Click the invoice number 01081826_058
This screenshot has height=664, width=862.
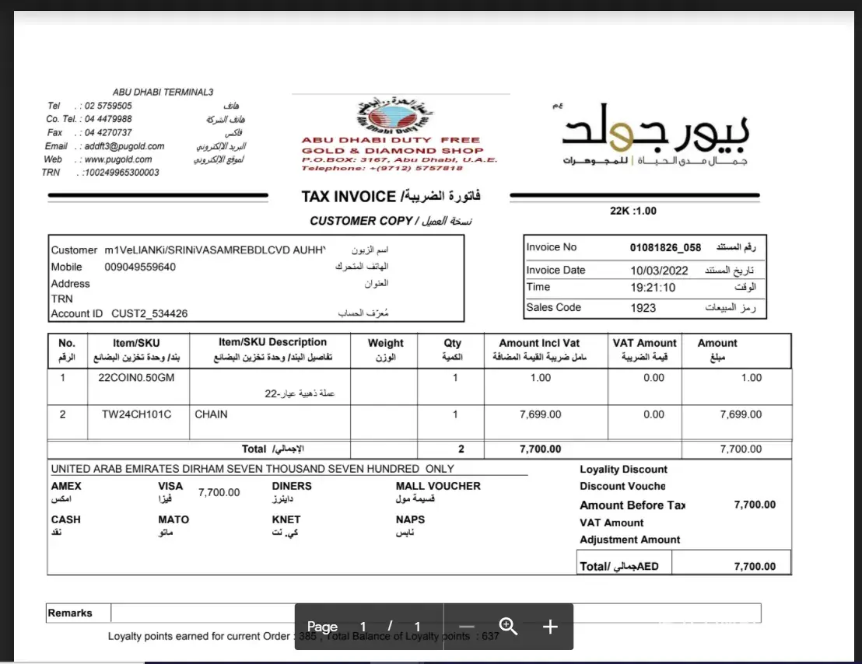(665, 248)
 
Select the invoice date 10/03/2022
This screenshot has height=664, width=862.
(659, 271)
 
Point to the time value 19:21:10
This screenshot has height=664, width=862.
(654, 288)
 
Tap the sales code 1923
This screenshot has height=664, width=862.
(644, 308)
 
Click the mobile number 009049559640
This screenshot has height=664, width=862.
(140, 267)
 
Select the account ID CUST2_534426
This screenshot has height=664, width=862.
(149, 314)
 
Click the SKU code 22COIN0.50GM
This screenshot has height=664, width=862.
(136, 378)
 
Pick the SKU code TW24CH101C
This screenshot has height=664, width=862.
(136, 414)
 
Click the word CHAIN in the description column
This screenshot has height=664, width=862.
(211, 414)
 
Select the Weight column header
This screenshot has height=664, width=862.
(385, 343)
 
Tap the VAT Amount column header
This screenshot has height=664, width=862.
(645, 343)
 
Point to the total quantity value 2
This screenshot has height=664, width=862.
(461, 449)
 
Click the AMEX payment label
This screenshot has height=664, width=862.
(66, 486)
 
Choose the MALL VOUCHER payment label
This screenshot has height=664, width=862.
(438, 486)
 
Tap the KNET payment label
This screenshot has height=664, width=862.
(286, 519)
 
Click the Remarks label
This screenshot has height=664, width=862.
(70, 613)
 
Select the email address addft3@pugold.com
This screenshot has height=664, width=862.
(124, 146)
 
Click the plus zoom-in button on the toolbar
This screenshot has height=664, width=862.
(550, 627)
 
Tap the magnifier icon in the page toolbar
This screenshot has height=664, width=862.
(509, 627)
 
